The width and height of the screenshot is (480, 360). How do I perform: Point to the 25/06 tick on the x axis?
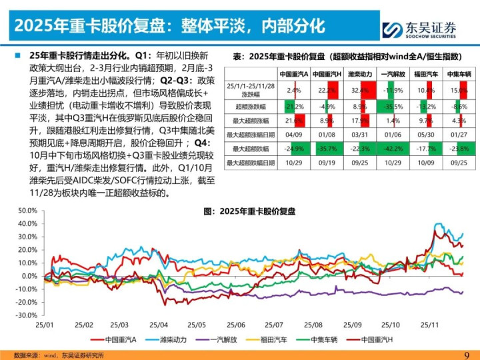click(237, 325)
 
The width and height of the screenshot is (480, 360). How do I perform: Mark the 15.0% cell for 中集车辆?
click(457, 89)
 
